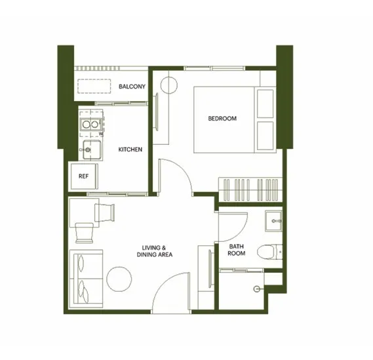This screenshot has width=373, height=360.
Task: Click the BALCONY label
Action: tap(132, 87)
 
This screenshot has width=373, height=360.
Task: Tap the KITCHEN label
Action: tap(130, 150)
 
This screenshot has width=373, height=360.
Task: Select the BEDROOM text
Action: tap(222, 119)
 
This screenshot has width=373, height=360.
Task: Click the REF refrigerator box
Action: tap(85, 176)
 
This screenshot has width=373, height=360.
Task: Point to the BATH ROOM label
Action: tap(236, 250)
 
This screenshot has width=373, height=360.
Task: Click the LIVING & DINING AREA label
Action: tap(155, 251)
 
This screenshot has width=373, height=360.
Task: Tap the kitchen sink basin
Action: tap(92, 150)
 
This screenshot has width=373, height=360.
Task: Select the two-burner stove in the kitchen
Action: tap(90, 124)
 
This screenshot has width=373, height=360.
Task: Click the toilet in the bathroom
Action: tap(269, 252)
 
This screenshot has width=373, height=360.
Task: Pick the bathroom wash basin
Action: tap(273, 221)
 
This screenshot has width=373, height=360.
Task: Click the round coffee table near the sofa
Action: tap(119, 279)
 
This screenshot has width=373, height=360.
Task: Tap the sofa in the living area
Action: tap(86, 279)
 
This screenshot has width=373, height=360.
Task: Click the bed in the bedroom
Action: tap(235, 120)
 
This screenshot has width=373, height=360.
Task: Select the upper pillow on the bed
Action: tap(265, 104)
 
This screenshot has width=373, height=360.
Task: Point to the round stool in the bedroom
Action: tap(169, 85)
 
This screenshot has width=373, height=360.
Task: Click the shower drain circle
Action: tap(256, 289)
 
